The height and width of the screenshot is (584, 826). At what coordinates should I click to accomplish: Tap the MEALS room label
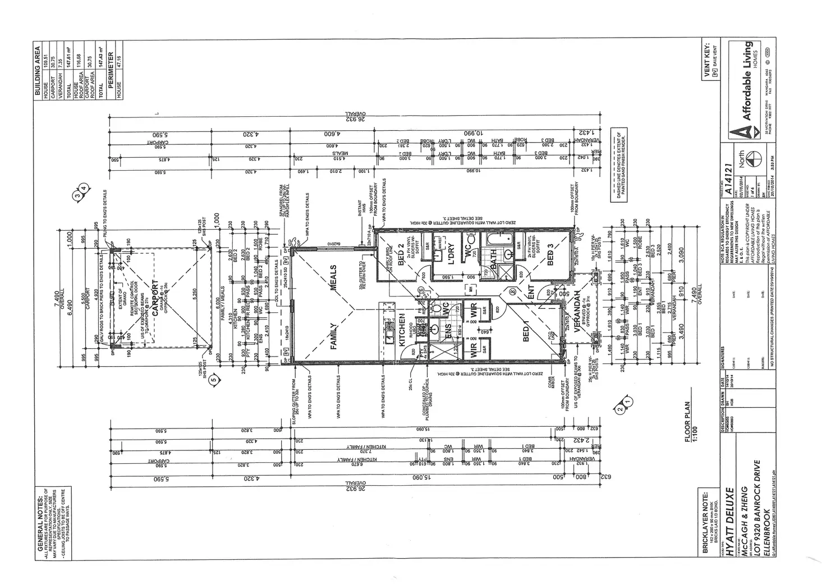pos(332,278)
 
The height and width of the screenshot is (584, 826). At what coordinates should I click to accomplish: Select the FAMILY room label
pos(333,336)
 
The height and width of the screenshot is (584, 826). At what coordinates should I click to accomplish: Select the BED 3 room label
pos(550,254)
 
